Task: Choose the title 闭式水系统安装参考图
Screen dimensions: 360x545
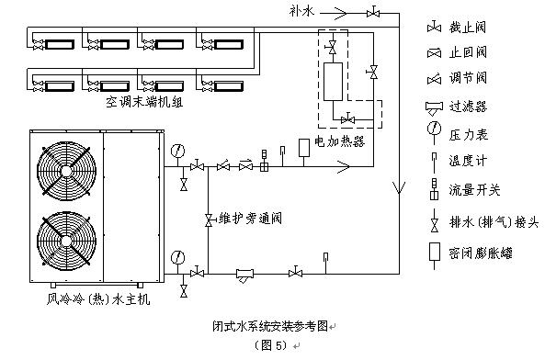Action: tap(273, 325)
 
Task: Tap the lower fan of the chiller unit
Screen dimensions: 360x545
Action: tap(65, 244)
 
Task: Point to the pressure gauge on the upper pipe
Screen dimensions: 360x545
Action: tap(175, 149)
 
